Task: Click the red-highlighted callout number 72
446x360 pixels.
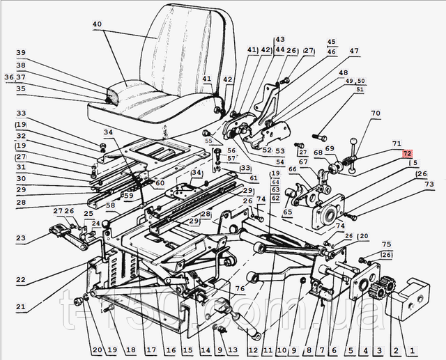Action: coord(406,153)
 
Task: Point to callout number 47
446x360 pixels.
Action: coord(355,52)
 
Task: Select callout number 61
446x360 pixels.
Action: coord(254,178)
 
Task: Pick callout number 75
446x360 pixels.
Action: coord(387,244)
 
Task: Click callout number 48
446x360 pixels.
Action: coord(343,72)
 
